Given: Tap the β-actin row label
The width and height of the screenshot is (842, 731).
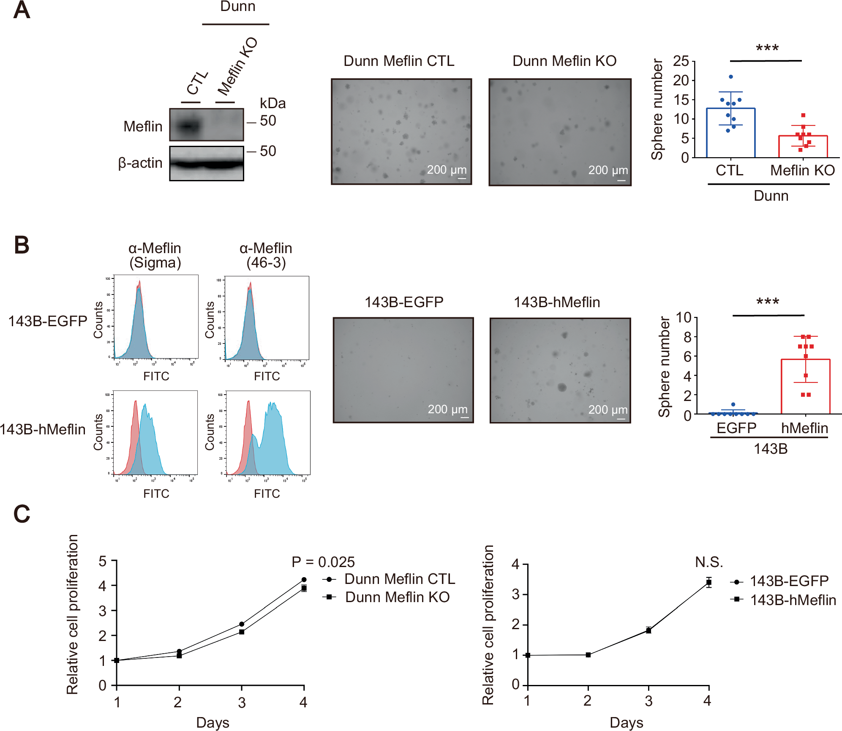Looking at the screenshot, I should [x=140, y=163].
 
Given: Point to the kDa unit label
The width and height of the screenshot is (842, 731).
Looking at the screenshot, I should [x=272, y=103].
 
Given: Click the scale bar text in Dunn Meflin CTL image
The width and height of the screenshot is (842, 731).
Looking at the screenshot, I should [x=447, y=170].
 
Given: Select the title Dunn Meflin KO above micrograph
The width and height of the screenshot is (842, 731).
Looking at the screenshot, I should [x=564, y=61].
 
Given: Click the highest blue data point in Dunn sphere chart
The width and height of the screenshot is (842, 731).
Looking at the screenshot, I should [x=730, y=77].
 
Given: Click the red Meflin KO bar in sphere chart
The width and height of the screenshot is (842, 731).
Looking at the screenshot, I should [x=802, y=146].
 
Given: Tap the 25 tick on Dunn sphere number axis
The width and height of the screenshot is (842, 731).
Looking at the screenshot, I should [x=681, y=61].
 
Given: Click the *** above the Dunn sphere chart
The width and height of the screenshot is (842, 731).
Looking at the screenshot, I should [x=767, y=48].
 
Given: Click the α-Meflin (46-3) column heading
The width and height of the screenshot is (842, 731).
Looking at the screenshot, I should [x=266, y=255].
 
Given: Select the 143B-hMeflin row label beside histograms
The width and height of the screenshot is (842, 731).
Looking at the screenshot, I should [x=43, y=429].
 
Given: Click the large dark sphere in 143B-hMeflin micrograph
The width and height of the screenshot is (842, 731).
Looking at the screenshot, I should [x=561, y=387].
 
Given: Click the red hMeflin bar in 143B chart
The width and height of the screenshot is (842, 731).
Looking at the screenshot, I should [x=805, y=387].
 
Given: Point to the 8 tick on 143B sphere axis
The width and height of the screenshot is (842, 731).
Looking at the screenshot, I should [x=687, y=337].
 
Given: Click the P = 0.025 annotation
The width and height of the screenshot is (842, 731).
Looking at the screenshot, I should [x=323, y=562].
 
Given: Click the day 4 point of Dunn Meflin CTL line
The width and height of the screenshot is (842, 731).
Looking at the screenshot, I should [x=304, y=580].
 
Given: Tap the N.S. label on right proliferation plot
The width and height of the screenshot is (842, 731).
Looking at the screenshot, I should [x=708, y=562].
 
